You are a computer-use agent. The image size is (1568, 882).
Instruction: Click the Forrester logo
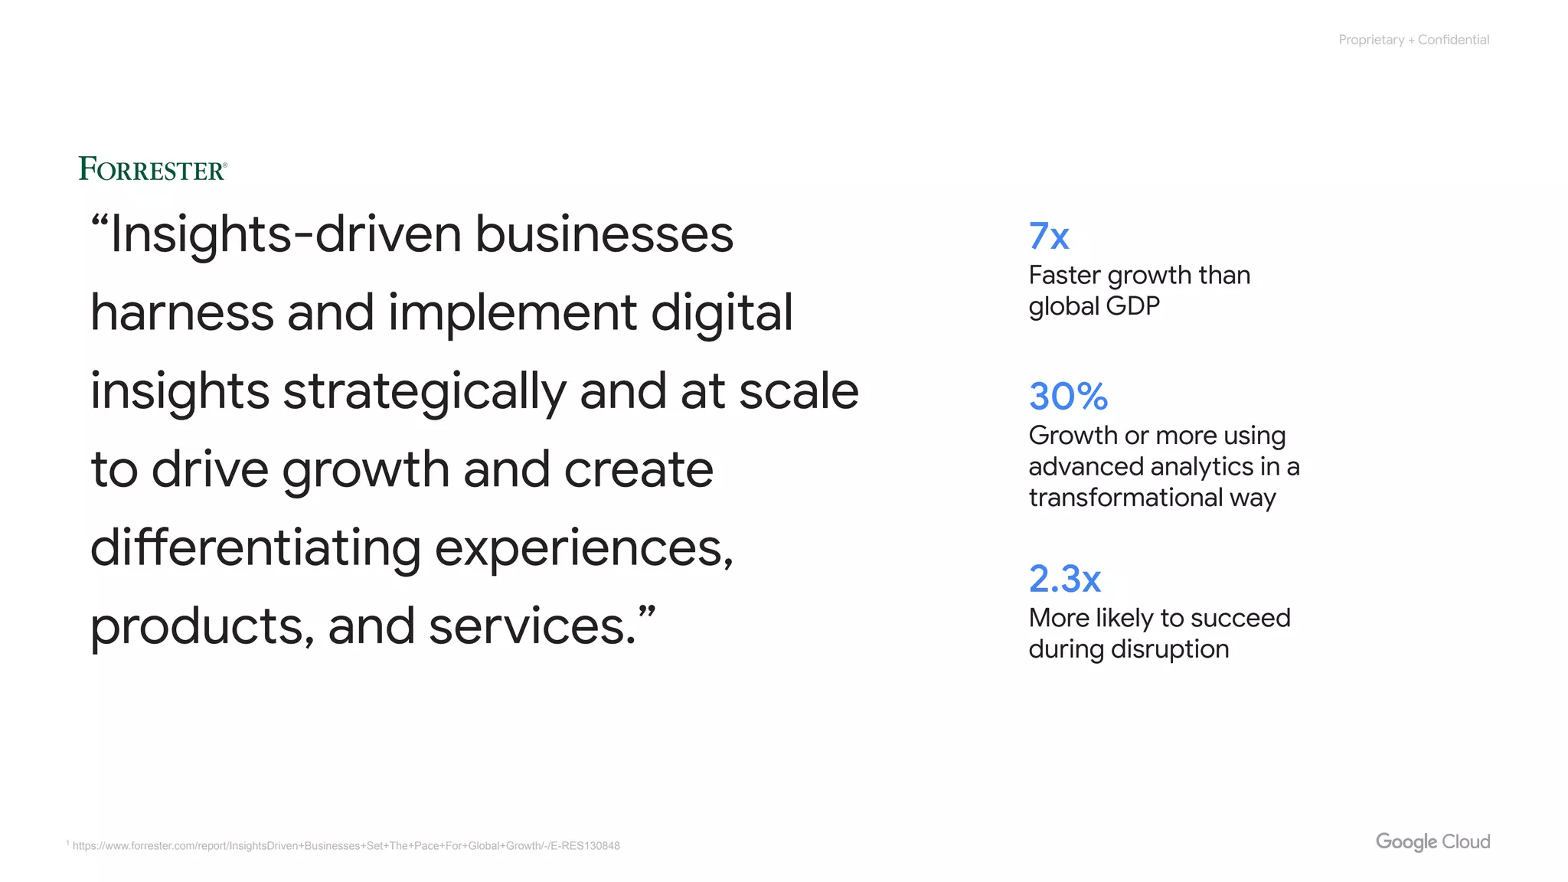[152, 169]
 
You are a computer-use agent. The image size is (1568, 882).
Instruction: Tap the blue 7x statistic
[1048, 237]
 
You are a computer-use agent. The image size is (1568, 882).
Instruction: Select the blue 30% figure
[1068, 397]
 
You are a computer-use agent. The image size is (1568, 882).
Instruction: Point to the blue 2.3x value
[1064, 579]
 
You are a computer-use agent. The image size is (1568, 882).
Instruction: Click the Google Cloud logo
[1432, 841]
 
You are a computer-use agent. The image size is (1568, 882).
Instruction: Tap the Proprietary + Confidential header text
[1413, 40]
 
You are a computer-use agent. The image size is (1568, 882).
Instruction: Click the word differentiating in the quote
[256, 548]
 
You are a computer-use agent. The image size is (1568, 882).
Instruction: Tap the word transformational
[1125, 498]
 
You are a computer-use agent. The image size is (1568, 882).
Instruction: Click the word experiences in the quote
[583, 548]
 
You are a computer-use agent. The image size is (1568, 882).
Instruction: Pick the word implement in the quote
[512, 312]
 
